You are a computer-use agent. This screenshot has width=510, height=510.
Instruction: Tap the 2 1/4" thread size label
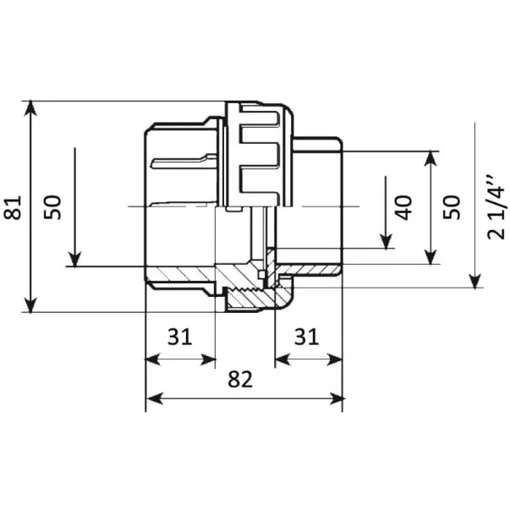496,206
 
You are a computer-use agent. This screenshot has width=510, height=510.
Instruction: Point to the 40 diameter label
404,206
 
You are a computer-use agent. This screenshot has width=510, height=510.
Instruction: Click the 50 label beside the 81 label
53,206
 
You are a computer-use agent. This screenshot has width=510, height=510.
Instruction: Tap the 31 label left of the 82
178,337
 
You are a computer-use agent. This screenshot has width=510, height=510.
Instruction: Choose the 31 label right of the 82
305,337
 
